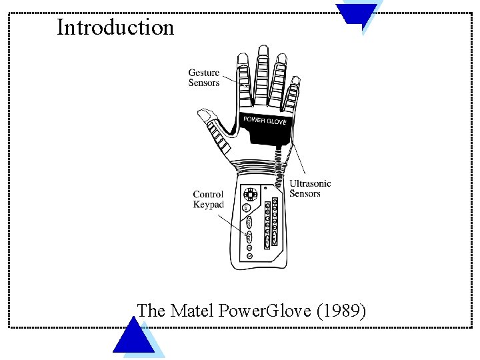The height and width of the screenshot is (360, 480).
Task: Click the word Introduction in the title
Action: [115, 27]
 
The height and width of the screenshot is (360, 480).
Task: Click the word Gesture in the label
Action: [204, 73]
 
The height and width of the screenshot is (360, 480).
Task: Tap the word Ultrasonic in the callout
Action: [310, 183]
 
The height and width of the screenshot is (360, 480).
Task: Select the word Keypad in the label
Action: [209, 205]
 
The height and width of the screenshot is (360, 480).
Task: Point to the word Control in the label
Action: [208, 195]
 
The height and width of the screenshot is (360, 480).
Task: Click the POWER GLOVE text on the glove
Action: [264, 121]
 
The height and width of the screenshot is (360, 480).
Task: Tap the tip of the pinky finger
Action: [294, 72]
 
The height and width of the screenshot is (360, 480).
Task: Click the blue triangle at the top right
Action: [356, 12]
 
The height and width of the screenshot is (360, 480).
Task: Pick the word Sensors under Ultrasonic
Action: [305, 193]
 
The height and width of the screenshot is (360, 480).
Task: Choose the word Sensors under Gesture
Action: [204, 83]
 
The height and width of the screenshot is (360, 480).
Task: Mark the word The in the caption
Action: [151, 311]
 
